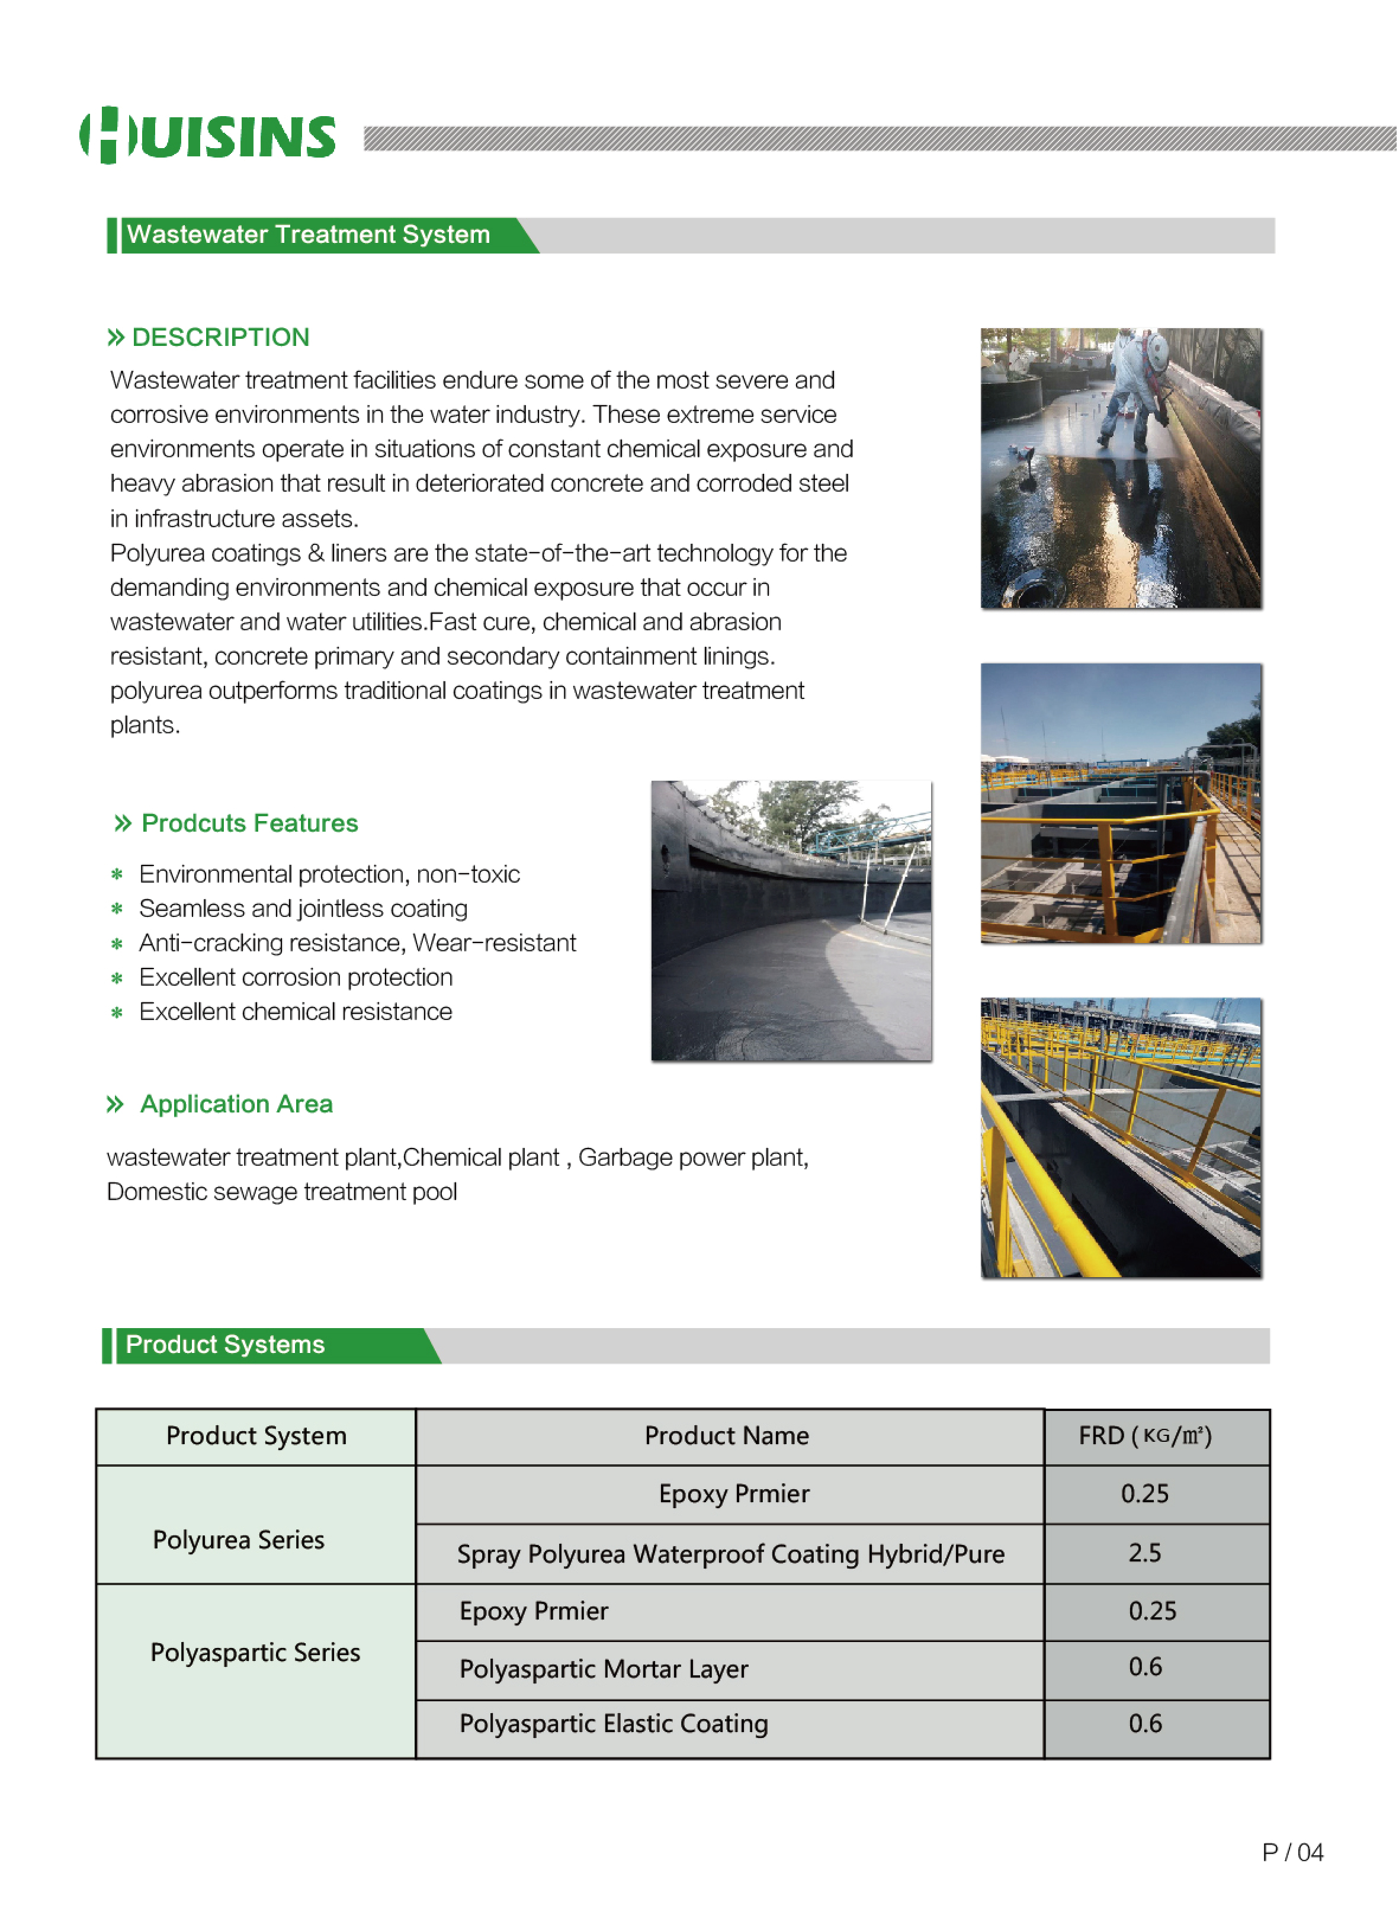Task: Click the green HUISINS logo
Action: [208, 136]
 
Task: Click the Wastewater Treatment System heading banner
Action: [309, 235]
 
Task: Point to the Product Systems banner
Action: [226, 1345]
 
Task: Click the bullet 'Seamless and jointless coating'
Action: [303, 909]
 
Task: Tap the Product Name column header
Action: [727, 1436]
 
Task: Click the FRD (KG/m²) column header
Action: [1145, 1436]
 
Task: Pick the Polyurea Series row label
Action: [238, 1541]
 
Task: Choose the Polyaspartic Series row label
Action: [255, 1653]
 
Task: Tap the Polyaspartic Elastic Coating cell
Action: [614, 1724]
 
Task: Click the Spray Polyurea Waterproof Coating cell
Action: [730, 1554]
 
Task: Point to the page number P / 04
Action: [1293, 1853]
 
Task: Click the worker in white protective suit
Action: [1132, 390]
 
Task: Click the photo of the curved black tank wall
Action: [791, 921]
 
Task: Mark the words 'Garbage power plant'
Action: [692, 1158]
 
